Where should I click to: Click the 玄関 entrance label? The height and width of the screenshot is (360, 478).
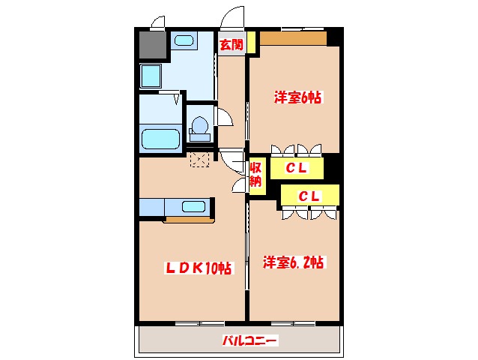(232, 45)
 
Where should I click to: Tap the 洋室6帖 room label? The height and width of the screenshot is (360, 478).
(298, 97)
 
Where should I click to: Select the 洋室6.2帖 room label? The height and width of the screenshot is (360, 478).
(293, 262)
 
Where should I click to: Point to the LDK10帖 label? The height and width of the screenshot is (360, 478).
(198, 268)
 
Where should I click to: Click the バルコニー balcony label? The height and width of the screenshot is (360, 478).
(250, 340)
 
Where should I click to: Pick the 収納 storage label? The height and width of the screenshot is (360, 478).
(255, 175)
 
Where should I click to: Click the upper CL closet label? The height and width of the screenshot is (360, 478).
(297, 168)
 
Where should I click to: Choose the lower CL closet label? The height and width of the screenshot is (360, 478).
(309, 196)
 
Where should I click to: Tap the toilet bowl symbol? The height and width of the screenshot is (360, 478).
(200, 128)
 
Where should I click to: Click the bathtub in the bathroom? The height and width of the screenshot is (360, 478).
(160, 139)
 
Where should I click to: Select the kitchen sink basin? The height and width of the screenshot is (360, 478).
(193, 206)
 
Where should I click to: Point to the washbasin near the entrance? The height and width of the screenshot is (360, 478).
(184, 40)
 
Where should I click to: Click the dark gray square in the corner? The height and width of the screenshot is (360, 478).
(153, 44)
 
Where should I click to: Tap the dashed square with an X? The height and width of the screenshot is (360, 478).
(200, 160)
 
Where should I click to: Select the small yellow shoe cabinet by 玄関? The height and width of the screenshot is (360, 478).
(251, 42)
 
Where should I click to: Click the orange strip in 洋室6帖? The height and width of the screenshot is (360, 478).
(293, 38)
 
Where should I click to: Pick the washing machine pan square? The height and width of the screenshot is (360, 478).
(151, 76)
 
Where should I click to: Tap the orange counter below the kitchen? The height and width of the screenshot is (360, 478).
(190, 220)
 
